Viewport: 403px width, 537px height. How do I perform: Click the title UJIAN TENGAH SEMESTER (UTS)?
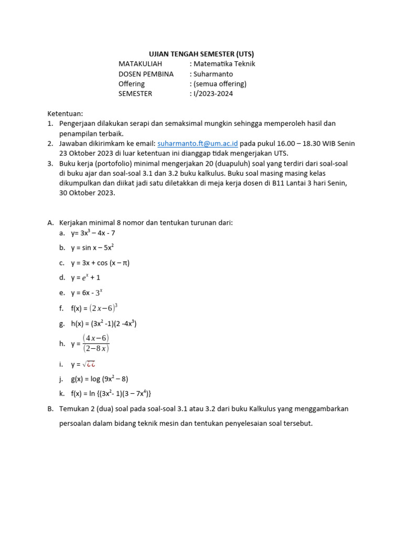click(x=201, y=54)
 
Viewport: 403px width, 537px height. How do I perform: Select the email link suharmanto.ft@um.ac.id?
click(x=198, y=143)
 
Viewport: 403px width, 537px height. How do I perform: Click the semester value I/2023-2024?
click(x=213, y=94)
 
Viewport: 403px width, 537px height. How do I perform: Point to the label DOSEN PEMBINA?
click(x=146, y=74)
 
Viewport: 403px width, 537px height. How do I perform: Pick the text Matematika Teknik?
click(x=224, y=64)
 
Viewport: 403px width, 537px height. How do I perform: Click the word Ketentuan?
click(x=65, y=113)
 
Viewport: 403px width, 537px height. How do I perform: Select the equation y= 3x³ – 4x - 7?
click(x=93, y=233)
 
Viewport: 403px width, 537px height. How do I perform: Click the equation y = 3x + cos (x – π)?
click(x=100, y=263)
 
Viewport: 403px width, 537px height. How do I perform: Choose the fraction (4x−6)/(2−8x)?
click(x=96, y=343)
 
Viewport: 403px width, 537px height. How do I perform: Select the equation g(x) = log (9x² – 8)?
click(x=100, y=379)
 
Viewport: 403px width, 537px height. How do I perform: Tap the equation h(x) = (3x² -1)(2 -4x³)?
click(x=103, y=324)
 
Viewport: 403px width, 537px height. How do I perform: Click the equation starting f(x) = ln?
click(x=111, y=393)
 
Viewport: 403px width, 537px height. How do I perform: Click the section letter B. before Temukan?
click(x=50, y=409)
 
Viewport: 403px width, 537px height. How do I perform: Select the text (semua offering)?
click(x=219, y=84)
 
